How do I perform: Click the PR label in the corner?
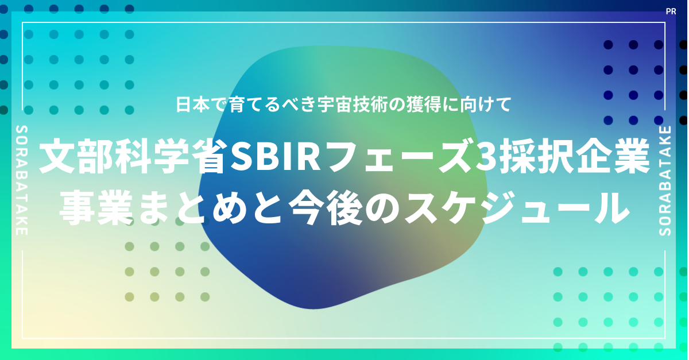pos(671,11)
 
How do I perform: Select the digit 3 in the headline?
pos(485,156)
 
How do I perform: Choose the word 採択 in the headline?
pos(536,156)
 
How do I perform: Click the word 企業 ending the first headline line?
pos(613,156)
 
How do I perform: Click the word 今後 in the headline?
pos(326,208)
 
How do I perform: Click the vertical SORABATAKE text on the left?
pos(22,180)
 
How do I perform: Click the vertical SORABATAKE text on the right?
pos(665,181)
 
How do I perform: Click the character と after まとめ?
pos(268,208)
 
